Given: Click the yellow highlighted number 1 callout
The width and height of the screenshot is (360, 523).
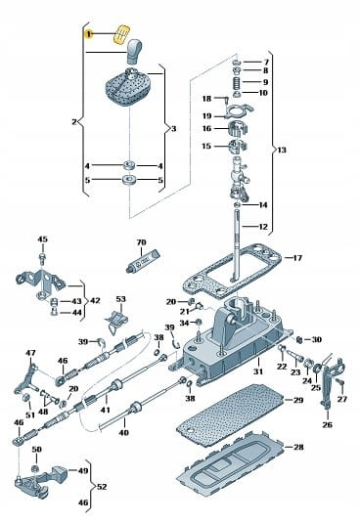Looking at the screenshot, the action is pos(89,34).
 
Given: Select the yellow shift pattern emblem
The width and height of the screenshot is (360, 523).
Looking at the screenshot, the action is pos(121,33).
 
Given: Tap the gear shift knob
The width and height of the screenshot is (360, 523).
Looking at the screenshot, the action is pos(134,51).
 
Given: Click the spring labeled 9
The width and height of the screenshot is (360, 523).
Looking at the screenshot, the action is pos(236,82).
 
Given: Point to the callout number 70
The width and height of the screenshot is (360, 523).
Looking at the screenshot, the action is pos(142,242).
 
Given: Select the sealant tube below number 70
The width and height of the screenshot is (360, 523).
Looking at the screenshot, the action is pos(143,260).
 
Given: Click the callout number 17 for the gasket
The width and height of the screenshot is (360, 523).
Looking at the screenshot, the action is pos(297,258).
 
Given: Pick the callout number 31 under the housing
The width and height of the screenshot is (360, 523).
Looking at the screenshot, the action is pos(258,370).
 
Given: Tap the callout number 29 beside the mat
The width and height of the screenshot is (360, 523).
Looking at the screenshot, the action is pos(298,400).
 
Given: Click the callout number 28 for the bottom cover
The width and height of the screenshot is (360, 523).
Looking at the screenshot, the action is pos(298,447).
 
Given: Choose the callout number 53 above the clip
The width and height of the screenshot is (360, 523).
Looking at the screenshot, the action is pos(120,299).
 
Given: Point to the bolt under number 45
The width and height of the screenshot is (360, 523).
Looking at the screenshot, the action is pos(42,257).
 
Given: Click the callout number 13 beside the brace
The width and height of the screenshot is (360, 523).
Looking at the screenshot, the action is pos(282,150).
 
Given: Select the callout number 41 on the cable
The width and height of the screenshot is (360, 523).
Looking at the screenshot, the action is pos(105,410).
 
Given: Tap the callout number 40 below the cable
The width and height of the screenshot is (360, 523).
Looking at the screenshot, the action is pos(123,433).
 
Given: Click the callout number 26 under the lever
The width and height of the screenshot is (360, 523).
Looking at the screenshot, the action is pos(328,424).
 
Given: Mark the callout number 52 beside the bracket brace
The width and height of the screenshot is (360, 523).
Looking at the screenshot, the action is pos(102,487).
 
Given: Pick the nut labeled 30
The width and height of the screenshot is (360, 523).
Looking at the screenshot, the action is pos(299,339).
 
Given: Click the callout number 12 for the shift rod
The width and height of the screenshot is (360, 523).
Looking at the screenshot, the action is pos(263,227).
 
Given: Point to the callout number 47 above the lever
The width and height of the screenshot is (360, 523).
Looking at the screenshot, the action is pos(30,353).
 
